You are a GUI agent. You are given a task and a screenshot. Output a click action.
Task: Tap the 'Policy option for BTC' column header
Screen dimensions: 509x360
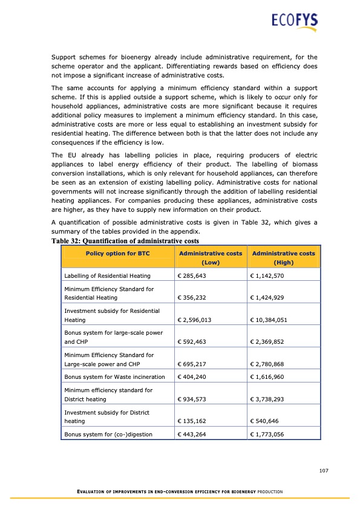click(x=119, y=253)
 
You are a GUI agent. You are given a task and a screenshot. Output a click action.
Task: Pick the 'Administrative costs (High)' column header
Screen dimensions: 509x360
click(x=283, y=258)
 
